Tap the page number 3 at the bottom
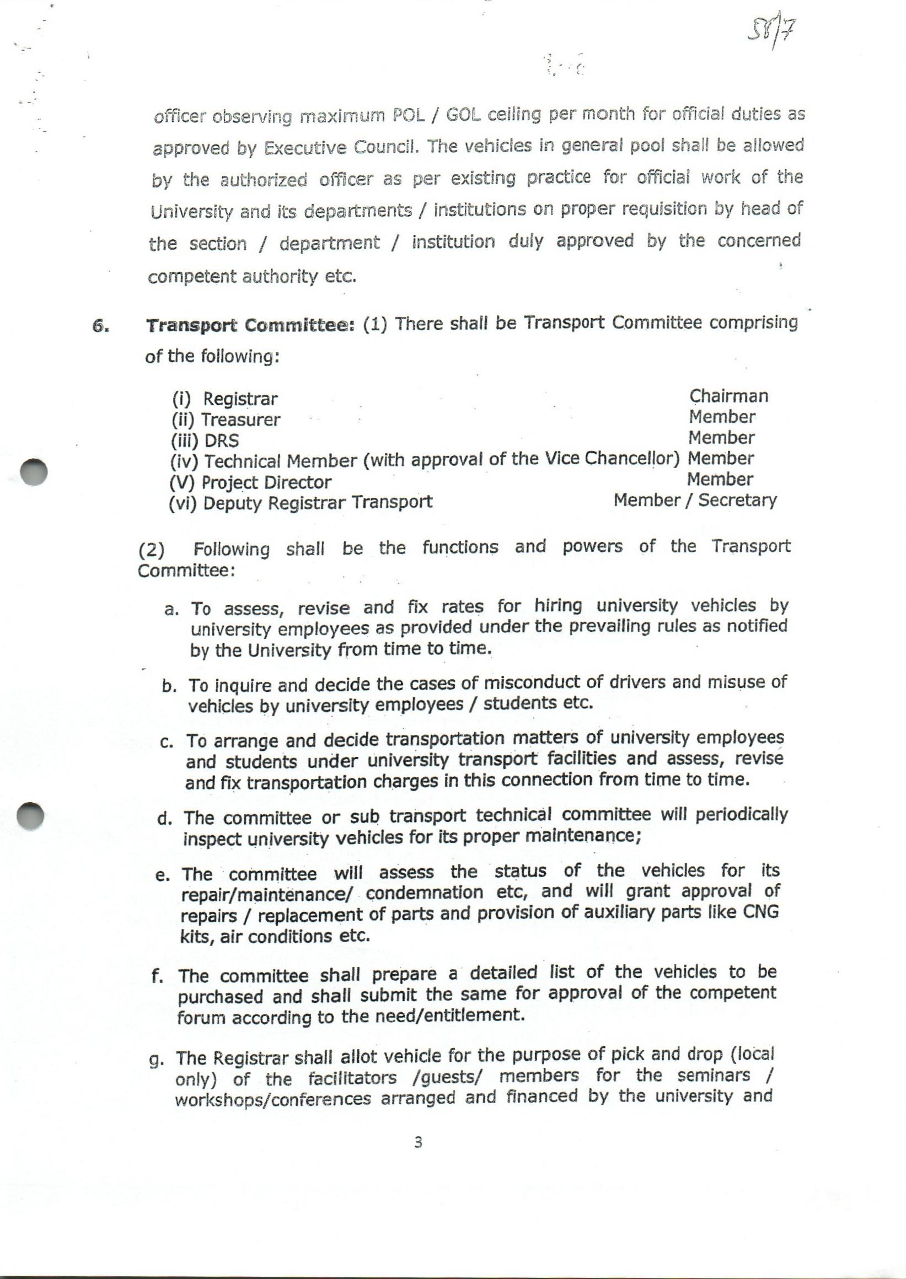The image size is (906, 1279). [419, 1143]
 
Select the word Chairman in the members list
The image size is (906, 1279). [728, 396]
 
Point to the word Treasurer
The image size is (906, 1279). [240, 420]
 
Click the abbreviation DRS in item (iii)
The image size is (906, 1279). [222, 440]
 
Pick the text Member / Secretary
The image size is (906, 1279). [695, 500]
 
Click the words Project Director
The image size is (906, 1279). [266, 482]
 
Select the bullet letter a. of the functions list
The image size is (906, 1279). [171, 610]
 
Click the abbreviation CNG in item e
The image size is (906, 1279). [760, 912]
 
